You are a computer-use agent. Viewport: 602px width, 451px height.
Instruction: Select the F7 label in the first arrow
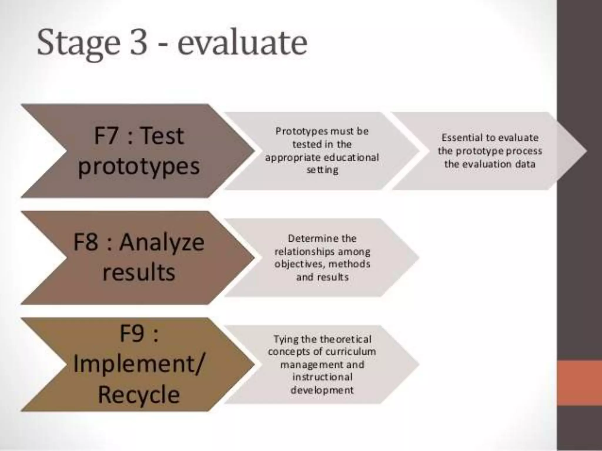pos(106,136)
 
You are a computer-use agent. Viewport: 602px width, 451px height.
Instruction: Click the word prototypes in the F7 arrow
pos(139,166)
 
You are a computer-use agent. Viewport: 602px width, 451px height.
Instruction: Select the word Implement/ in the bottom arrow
pos(138,364)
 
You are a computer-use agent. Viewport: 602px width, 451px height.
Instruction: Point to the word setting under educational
pos(322,170)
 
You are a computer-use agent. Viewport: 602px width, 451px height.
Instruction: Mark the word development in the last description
pos(322,390)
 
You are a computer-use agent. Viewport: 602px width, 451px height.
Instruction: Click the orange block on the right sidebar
pos(579,383)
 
